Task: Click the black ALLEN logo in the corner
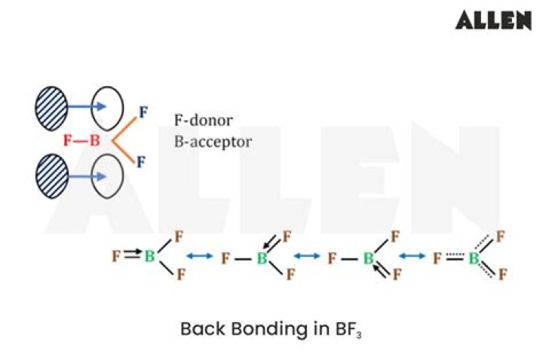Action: (x=493, y=20)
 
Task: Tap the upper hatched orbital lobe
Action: (x=51, y=109)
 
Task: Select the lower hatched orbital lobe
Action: (x=51, y=177)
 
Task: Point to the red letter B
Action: (x=94, y=140)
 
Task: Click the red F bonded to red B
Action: (x=68, y=140)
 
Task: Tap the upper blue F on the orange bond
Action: (x=143, y=112)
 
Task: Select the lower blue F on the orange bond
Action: (x=140, y=162)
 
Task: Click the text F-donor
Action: (x=204, y=121)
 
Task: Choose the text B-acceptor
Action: (x=213, y=142)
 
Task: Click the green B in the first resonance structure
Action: (x=149, y=257)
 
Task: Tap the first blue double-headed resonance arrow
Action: (x=199, y=256)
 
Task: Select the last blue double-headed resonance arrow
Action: (x=412, y=256)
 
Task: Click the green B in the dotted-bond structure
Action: (x=474, y=258)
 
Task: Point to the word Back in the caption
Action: (x=202, y=328)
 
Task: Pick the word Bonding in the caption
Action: (x=269, y=329)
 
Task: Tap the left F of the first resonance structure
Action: (x=116, y=257)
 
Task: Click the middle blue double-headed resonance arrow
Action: (x=307, y=256)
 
